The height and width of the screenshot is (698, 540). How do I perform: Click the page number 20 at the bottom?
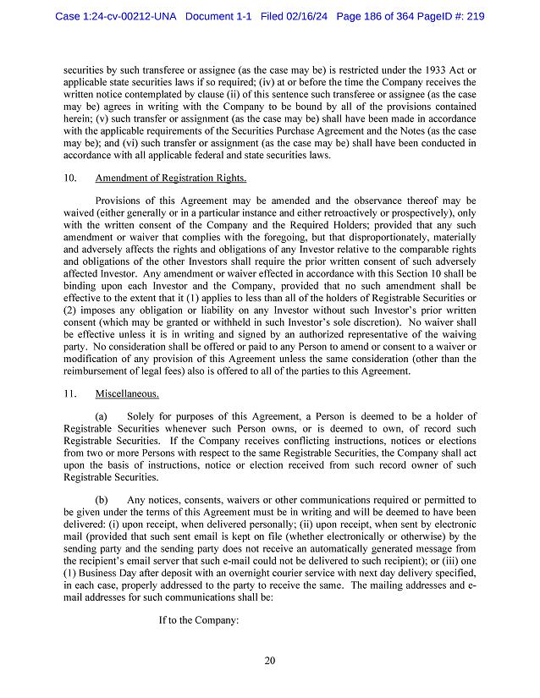(x=269, y=661)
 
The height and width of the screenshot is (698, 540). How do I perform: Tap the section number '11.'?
(x=70, y=393)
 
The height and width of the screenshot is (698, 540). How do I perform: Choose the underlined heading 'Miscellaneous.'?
(x=127, y=393)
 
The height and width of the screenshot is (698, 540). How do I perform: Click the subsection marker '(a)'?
(x=102, y=416)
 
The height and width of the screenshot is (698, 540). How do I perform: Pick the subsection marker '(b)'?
(x=102, y=500)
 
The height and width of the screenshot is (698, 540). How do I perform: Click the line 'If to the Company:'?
(x=199, y=619)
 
